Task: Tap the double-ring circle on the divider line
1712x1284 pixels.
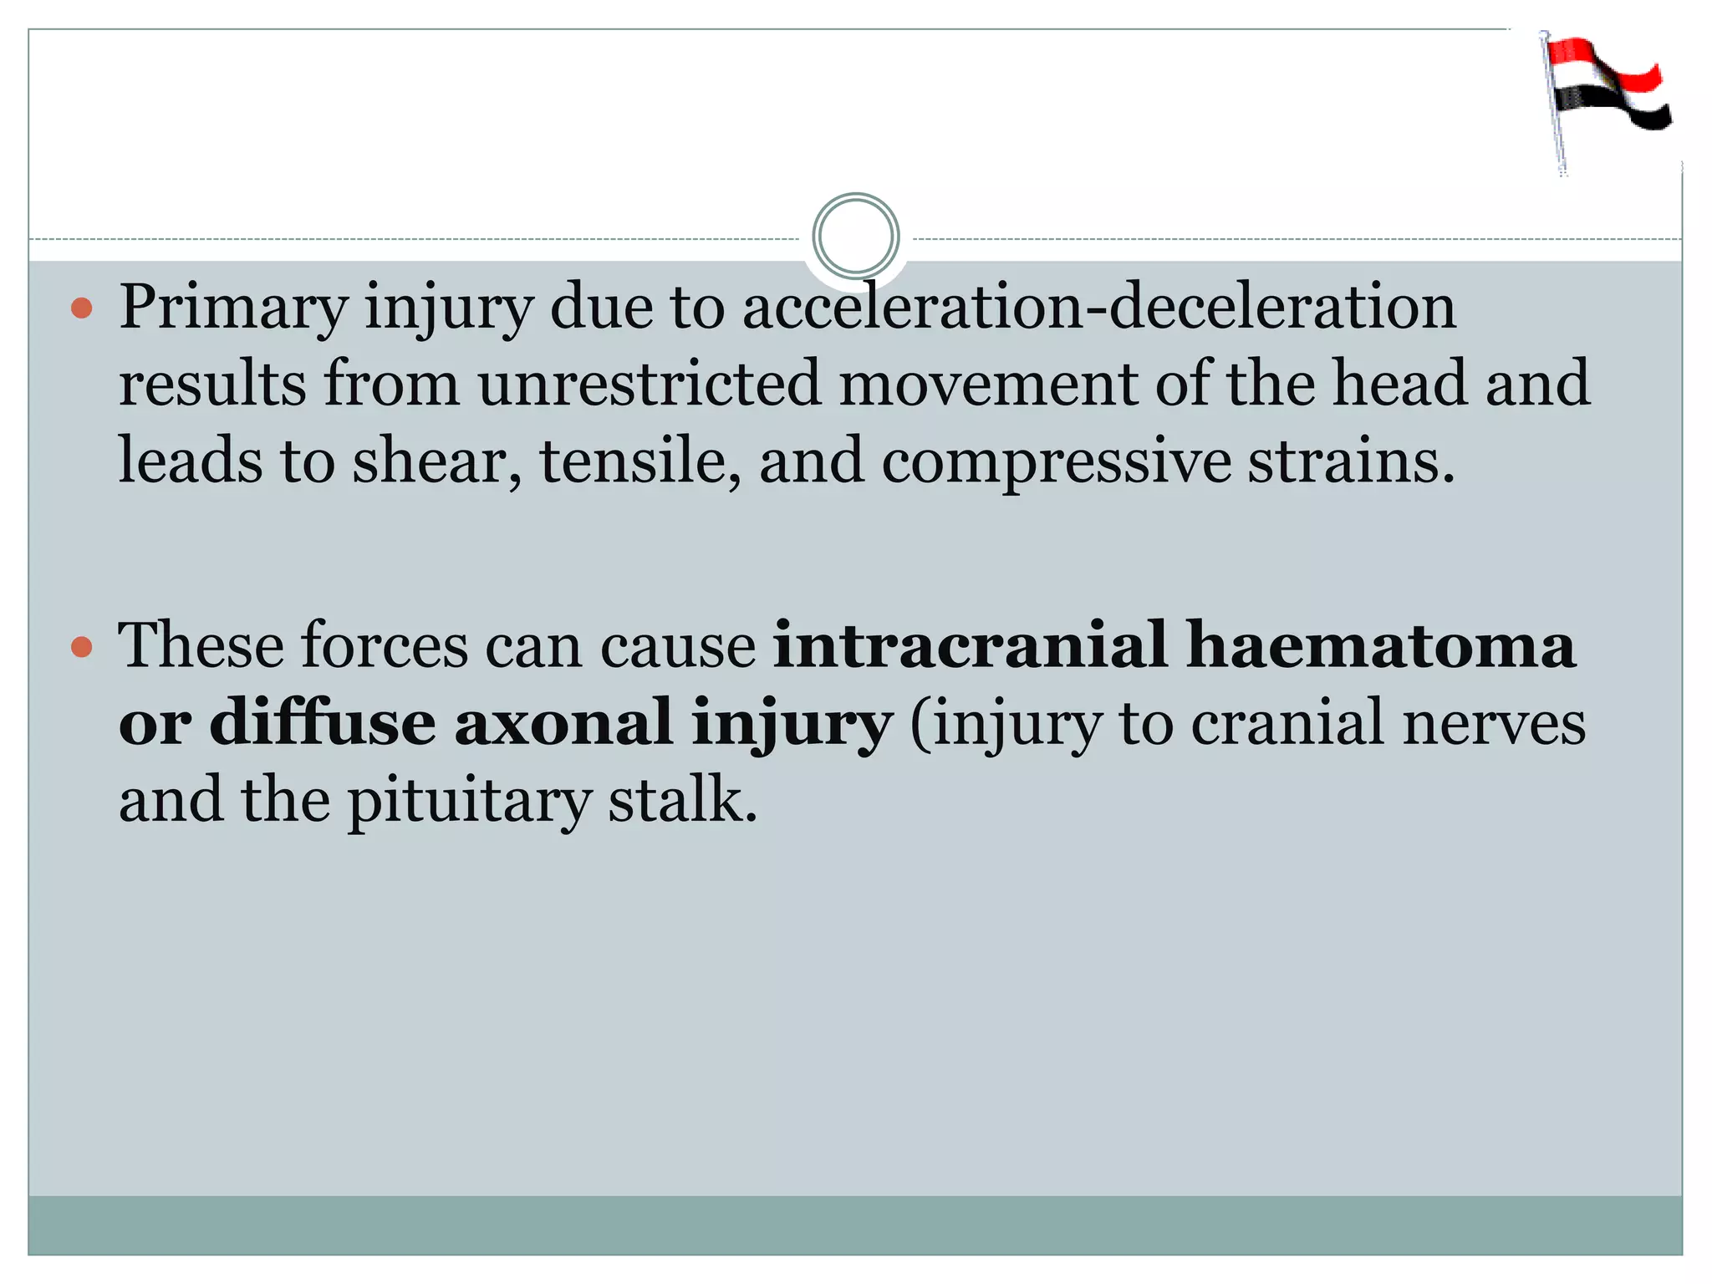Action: (855, 237)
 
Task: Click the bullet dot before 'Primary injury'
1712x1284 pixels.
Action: (81, 309)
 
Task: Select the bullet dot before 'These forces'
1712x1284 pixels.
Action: (81, 647)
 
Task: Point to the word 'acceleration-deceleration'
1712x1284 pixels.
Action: (1098, 308)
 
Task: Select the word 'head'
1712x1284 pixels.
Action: (1399, 384)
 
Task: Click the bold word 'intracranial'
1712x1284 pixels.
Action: (970, 645)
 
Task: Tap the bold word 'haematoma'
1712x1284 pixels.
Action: (1381, 645)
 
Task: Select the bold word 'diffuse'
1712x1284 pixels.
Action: (322, 722)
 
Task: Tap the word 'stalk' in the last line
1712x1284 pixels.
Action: (680, 801)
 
